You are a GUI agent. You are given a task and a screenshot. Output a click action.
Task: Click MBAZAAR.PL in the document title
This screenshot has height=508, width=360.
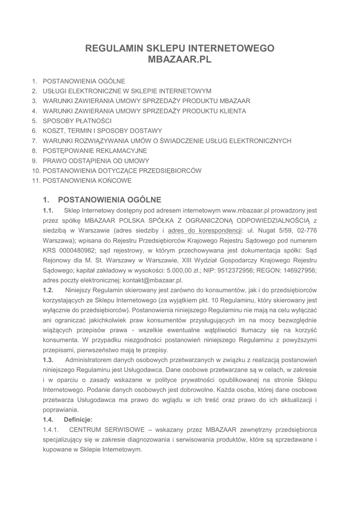click(x=180, y=60)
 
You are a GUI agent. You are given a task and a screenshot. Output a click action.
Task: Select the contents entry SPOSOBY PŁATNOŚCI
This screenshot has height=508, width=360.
click(x=77, y=121)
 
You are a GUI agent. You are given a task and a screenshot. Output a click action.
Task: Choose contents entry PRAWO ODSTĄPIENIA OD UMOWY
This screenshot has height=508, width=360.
click(x=96, y=161)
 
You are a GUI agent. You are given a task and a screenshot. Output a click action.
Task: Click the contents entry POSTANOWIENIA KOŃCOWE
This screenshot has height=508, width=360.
click(x=87, y=181)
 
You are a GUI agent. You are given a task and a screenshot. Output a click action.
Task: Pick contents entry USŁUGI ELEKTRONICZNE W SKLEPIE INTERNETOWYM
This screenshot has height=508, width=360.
click(x=127, y=91)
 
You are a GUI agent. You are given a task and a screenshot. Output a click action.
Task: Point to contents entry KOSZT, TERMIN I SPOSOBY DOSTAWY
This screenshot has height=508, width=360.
click(x=102, y=131)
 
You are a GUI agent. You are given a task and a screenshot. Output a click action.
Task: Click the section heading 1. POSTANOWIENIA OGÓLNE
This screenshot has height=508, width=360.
click(x=102, y=200)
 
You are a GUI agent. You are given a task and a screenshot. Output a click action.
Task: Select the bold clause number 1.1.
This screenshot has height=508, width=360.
click(x=48, y=211)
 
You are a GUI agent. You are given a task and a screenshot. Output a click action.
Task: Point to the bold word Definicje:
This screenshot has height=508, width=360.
click(x=78, y=419)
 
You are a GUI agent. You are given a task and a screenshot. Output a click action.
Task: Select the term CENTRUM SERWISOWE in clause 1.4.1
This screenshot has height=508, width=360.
click(x=107, y=429)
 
